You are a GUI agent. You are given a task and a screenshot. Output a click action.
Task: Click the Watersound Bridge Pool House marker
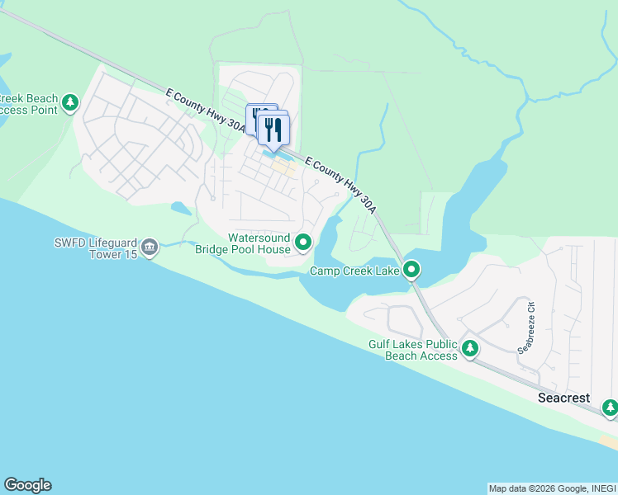(303, 242)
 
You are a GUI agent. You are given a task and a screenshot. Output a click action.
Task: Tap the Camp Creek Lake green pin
(411, 270)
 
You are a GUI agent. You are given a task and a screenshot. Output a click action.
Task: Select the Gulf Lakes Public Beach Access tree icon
(470, 349)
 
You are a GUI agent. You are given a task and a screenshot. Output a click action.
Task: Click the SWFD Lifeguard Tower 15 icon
(150, 247)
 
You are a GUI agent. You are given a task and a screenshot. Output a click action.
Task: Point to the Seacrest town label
(564, 398)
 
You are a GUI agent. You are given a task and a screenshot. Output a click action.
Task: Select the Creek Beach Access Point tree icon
(71, 103)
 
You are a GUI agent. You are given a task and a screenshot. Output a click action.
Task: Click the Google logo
(27, 485)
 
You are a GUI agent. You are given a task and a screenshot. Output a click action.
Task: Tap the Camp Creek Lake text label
(354, 271)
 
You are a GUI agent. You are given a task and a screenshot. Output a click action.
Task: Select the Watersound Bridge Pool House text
(243, 243)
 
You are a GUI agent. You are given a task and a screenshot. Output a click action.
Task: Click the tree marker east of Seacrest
(610, 407)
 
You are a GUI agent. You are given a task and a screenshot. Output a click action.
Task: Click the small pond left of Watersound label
(181, 208)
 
